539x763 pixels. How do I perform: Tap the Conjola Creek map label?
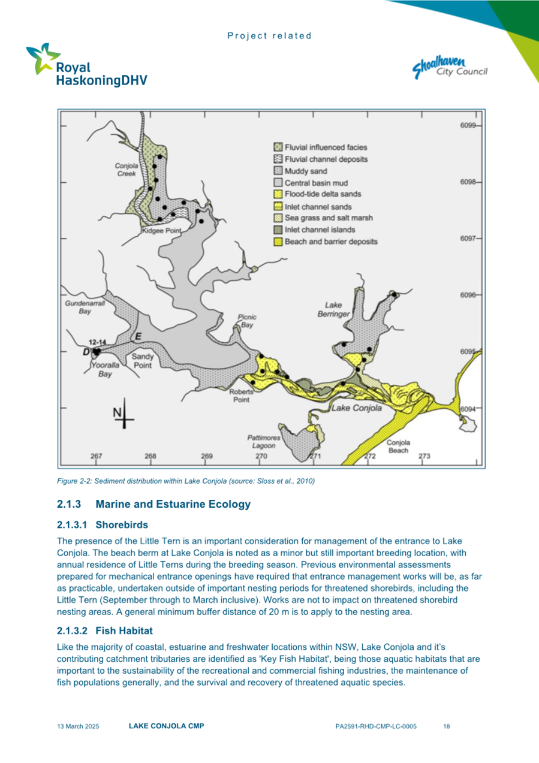[x=126, y=170]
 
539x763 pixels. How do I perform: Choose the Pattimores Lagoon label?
[x=263, y=441]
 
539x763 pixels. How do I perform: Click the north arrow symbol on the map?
[x=123, y=414]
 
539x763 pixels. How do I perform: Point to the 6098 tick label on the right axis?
[x=462, y=182]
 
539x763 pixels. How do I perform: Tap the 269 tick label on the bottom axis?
[x=206, y=456]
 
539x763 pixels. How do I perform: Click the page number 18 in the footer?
[x=446, y=726]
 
